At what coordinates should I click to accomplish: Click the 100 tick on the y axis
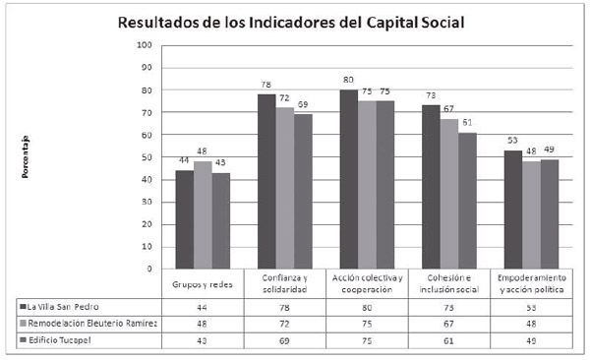point(145,45)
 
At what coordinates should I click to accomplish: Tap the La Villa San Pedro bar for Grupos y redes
point(184,219)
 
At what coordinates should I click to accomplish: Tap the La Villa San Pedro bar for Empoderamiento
point(512,209)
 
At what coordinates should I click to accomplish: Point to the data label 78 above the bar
point(265,86)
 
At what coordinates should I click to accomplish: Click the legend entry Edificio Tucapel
point(59,340)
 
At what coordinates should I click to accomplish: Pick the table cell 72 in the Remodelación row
point(284,323)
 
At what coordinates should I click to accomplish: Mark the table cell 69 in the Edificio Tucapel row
point(284,340)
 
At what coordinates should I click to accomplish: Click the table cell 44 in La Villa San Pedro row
point(202,305)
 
